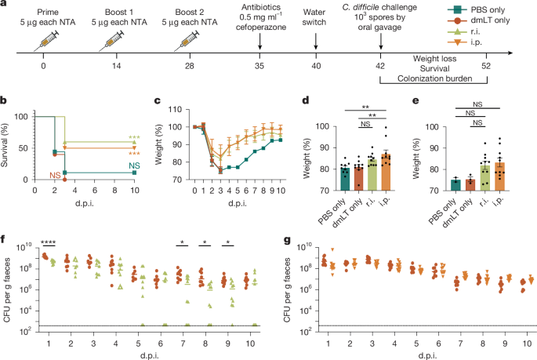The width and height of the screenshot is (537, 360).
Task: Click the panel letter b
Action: (5, 100)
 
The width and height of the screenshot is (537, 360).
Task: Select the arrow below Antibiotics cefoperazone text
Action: (259, 49)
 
